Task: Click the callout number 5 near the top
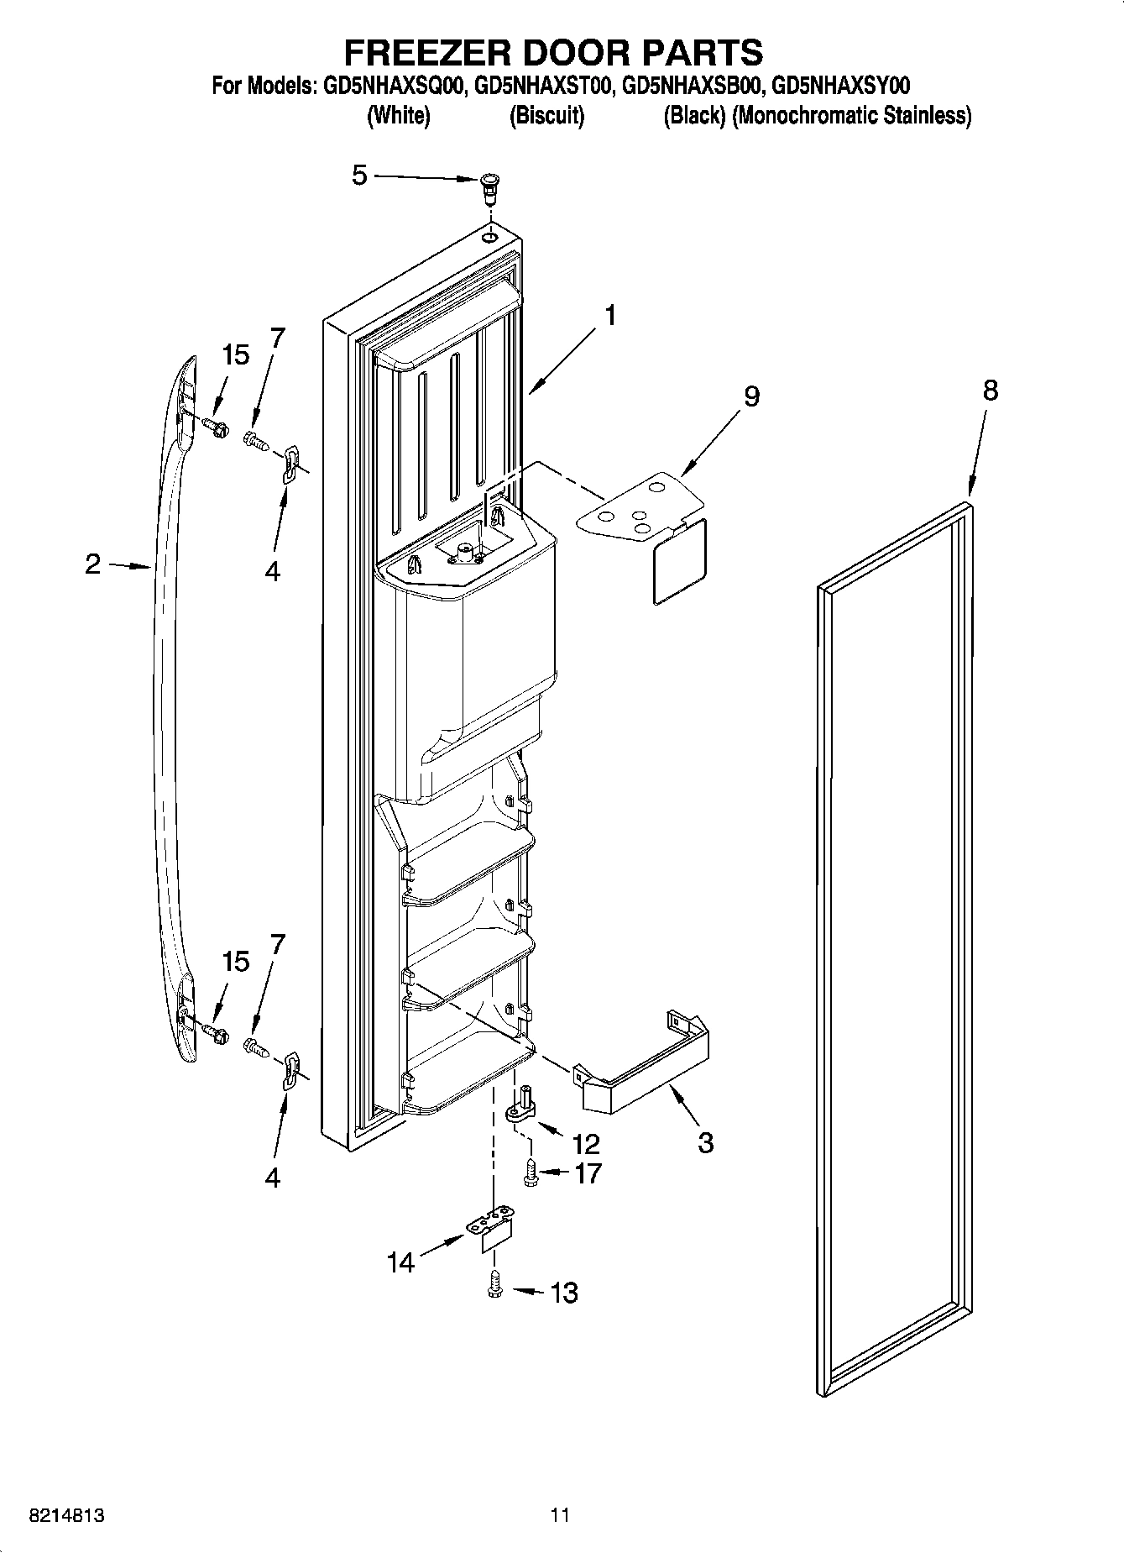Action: tap(359, 176)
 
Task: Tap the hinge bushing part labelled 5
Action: tap(489, 187)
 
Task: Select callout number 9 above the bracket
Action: tap(751, 396)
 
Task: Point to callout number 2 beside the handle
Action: tap(92, 564)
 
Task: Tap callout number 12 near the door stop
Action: tap(585, 1143)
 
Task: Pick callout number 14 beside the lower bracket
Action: tap(401, 1262)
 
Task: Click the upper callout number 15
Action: tap(236, 355)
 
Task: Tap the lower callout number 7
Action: tap(276, 944)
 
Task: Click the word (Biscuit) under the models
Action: tap(546, 116)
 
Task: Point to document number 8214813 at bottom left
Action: tap(66, 1515)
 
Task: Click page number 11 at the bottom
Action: tap(560, 1515)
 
